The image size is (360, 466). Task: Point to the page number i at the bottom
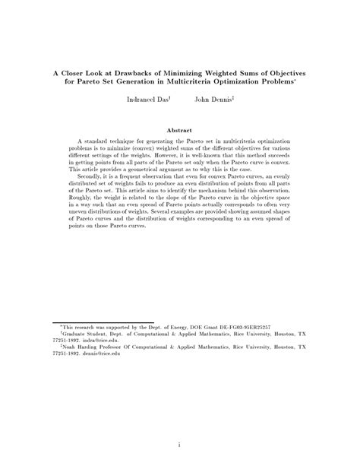pyautogui.click(x=179, y=445)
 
